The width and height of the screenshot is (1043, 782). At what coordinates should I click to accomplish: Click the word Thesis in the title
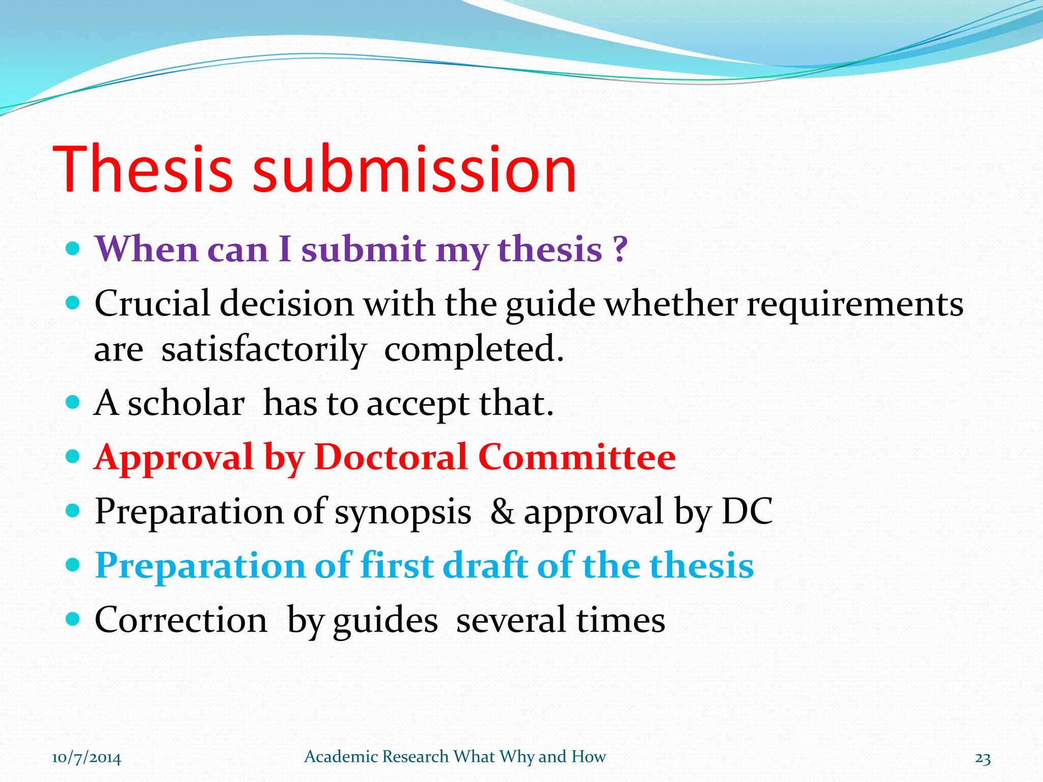143,170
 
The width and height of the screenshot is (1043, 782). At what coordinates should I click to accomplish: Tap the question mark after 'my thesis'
619,249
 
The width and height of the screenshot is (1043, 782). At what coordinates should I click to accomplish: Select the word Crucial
152,304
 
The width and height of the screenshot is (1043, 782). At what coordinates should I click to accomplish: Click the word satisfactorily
264,350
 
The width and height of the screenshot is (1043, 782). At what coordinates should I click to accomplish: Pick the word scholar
186,404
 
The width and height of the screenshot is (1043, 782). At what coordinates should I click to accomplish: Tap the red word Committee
577,457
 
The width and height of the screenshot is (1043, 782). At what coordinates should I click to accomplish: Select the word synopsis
402,512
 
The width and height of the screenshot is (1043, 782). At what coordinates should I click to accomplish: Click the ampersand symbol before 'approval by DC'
502,511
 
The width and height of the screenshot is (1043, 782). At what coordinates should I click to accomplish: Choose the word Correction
181,620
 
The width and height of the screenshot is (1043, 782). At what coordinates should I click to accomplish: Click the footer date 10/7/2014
87,758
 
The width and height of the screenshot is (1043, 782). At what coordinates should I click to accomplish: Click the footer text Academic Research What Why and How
455,757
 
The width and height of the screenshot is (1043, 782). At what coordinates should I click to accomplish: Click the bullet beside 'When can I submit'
73,249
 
